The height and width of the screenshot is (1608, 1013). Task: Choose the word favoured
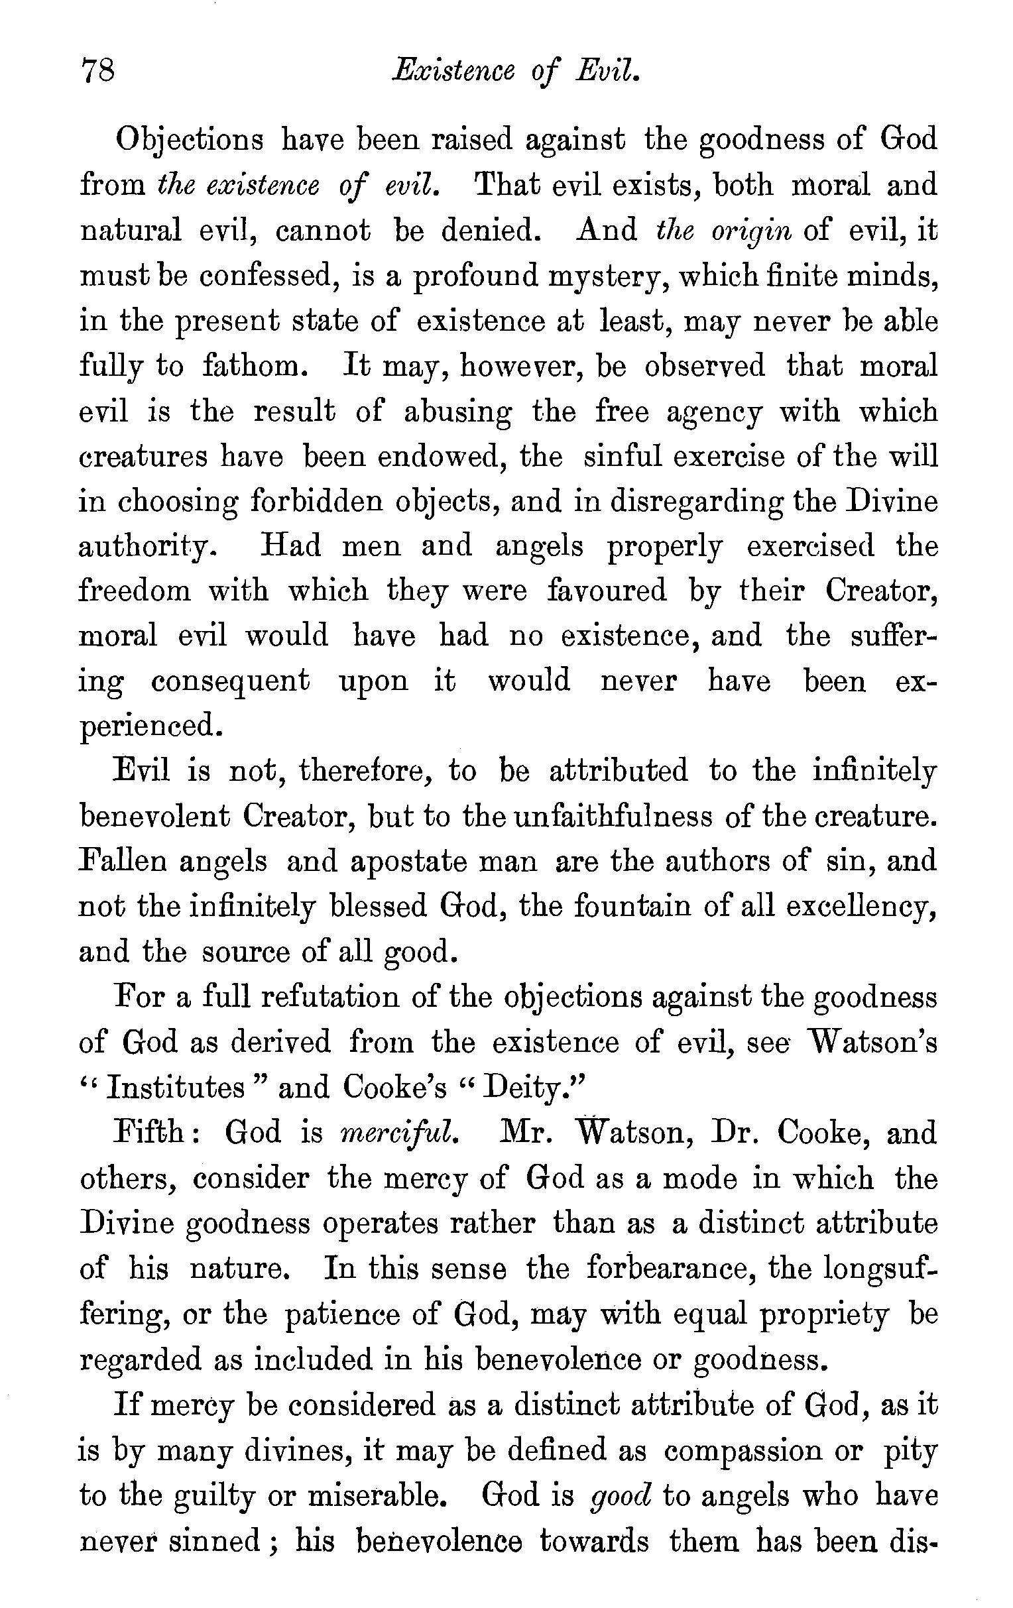pos(607,591)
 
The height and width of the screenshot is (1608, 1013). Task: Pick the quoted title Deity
pos(521,1088)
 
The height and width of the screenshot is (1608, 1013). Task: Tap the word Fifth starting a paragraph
pos(152,1133)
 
